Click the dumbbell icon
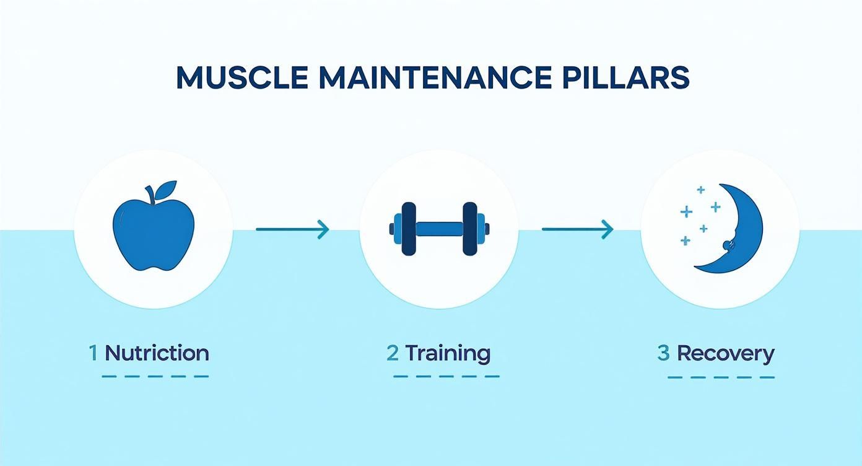tap(439, 229)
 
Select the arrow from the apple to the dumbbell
tap(292, 229)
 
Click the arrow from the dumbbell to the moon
tap(577, 229)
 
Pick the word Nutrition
tap(157, 353)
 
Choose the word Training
tap(448, 353)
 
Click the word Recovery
tap(725, 353)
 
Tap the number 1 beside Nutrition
tap(94, 353)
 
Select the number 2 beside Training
tap(392, 353)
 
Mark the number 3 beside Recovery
tap(663, 353)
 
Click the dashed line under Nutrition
tap(155, 376)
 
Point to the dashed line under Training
tap(446, 376)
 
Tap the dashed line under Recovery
tap(721, 377)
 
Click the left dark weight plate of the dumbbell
tap(409, 229)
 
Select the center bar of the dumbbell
tap(439, 229)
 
